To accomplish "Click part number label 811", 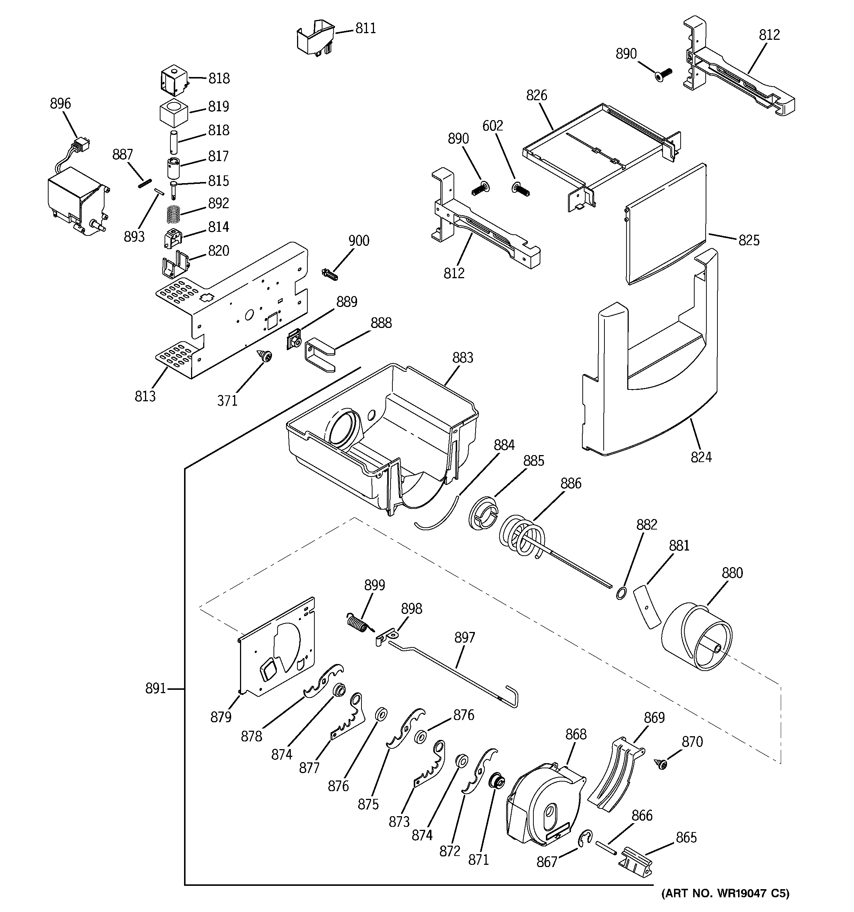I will pyautogui.click(x=366, y=28).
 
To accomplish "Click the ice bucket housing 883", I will pyautogui.click(x=381, y=436).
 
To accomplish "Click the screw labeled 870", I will pyautogui.click(x=661, y=764).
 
